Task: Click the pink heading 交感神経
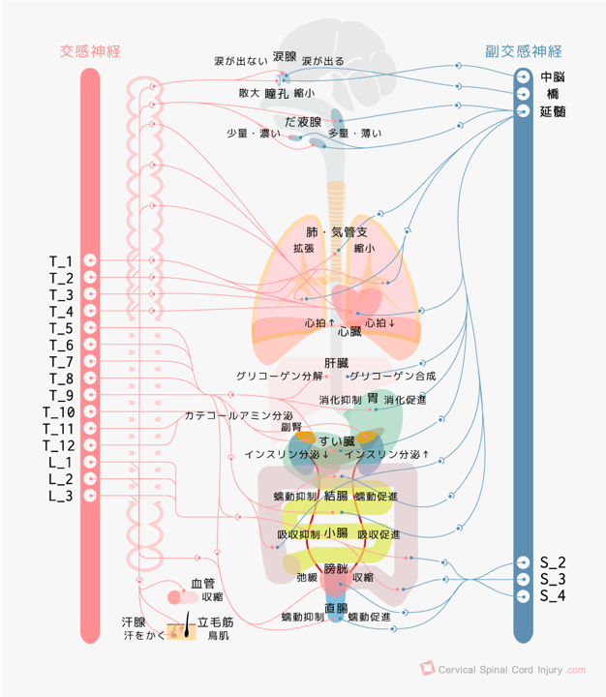click(x=90, y=51)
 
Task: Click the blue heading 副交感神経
click(x=524, y=51)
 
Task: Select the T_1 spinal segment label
click(x=61, y=261)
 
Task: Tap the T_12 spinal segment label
click(x=59, y=445)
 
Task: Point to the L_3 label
click(x=61, y=496)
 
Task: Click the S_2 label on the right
click(x=553, y=562)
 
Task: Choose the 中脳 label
click(x=553, y=76)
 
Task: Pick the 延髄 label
click(x=553, y=111)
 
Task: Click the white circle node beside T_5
click(x=90, y=327)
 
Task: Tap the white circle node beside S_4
click(x=524, y=596)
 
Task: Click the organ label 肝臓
click(x=337, y=363)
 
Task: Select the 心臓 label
click(x=349, y=332)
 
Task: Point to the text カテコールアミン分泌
click(x=239, y=415)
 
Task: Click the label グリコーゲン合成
click(x=393, y=376)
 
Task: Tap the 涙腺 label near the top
click(x=285, y=56)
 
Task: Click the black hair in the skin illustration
click(x=187, y=624)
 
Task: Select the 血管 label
click(x=202, y=583)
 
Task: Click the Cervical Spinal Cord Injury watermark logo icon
click(x=427, y=668)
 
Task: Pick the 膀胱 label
click(x=336, y=568)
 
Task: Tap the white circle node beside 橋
click(x=524, y=94)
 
